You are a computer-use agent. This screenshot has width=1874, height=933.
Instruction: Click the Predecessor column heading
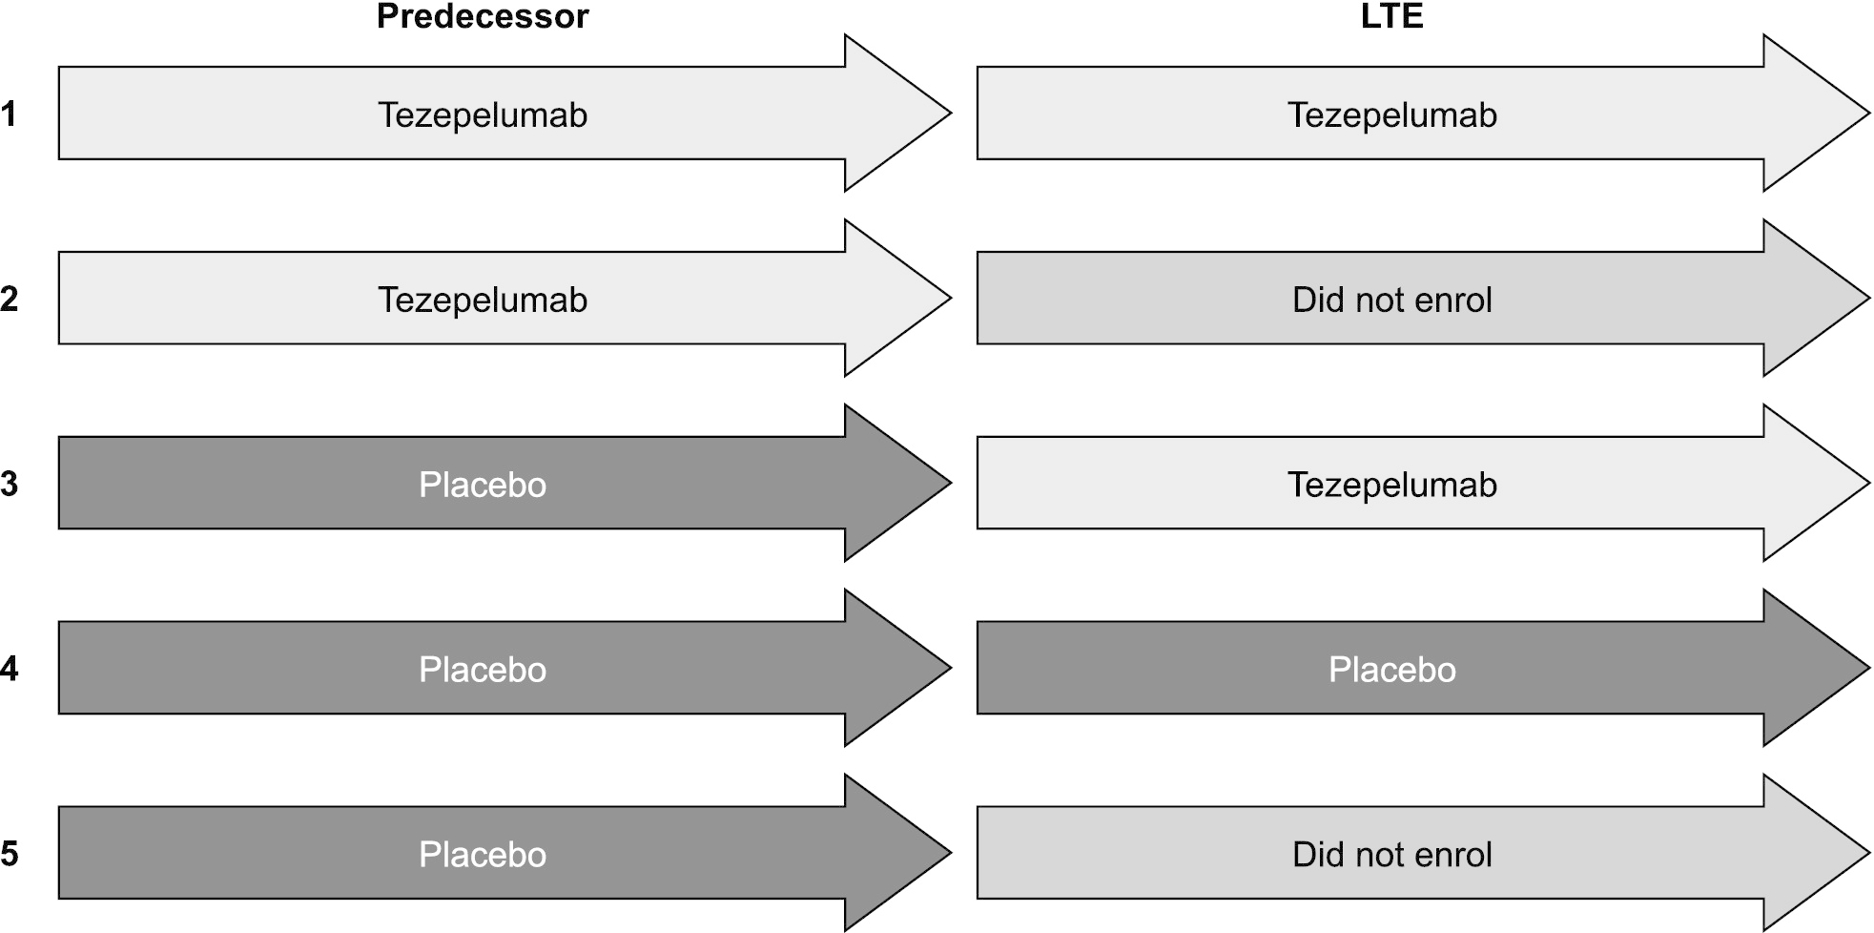pyautogui.click(x=483, y=16)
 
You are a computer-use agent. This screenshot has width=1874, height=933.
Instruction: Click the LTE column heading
pyautogui.click(x=1391, y=16)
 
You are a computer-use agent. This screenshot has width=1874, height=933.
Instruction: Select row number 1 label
pyautogui.click(x=9, y=114)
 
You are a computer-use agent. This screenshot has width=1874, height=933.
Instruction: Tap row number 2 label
pyautogui.click(x=9, y=300)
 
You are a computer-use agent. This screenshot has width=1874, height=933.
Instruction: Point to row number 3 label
pyautogui.click(x=9, y=485)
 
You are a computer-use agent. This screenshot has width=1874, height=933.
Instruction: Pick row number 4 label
pyautogui.click(x=9, y=670)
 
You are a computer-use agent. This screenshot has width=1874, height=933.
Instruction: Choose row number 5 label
pyautogui.click(x=9, y=854)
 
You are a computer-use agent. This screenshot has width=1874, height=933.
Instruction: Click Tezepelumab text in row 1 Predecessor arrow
pyautogui.click(x=483, y=115)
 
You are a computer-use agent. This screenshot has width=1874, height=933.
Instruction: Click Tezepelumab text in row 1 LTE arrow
pyautogui.click(x=1391, y=115)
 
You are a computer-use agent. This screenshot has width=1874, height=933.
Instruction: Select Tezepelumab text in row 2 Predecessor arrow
pyautogui.click(x=483, y=301)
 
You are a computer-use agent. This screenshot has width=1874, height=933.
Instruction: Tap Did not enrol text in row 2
pyautogui.click(x=1391, y=301)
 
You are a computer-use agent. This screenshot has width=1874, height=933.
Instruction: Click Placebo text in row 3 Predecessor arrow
pyautogui.click(x=483, y=485)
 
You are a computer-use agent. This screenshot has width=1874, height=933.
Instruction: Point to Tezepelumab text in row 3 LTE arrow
pyautogui.click(x=1391, y=485)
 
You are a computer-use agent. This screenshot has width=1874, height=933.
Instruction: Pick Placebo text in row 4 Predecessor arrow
pyautogui.click(x=483, y=670)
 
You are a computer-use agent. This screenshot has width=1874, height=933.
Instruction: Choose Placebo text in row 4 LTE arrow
pyautogui.click(x=1391, y=670)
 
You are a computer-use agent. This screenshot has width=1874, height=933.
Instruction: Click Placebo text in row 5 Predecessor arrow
pyautogui.click(x=483, y=855)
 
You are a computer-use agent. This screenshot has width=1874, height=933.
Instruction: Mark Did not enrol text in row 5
pyautogui.click(x=1391, y=855)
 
